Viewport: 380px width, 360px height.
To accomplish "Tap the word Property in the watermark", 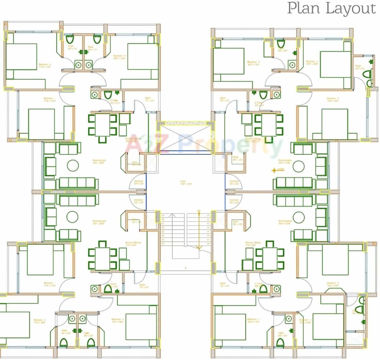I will pos(230,145).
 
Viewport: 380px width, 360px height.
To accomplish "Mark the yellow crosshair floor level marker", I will pos(274,170).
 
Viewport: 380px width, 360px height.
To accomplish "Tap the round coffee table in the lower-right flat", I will pos(299,218).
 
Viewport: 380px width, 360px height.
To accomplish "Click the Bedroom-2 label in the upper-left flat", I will pos(45,66).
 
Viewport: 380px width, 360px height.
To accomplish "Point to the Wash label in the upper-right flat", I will pos(223,99).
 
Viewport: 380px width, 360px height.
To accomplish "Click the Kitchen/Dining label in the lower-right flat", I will pos(253,244).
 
